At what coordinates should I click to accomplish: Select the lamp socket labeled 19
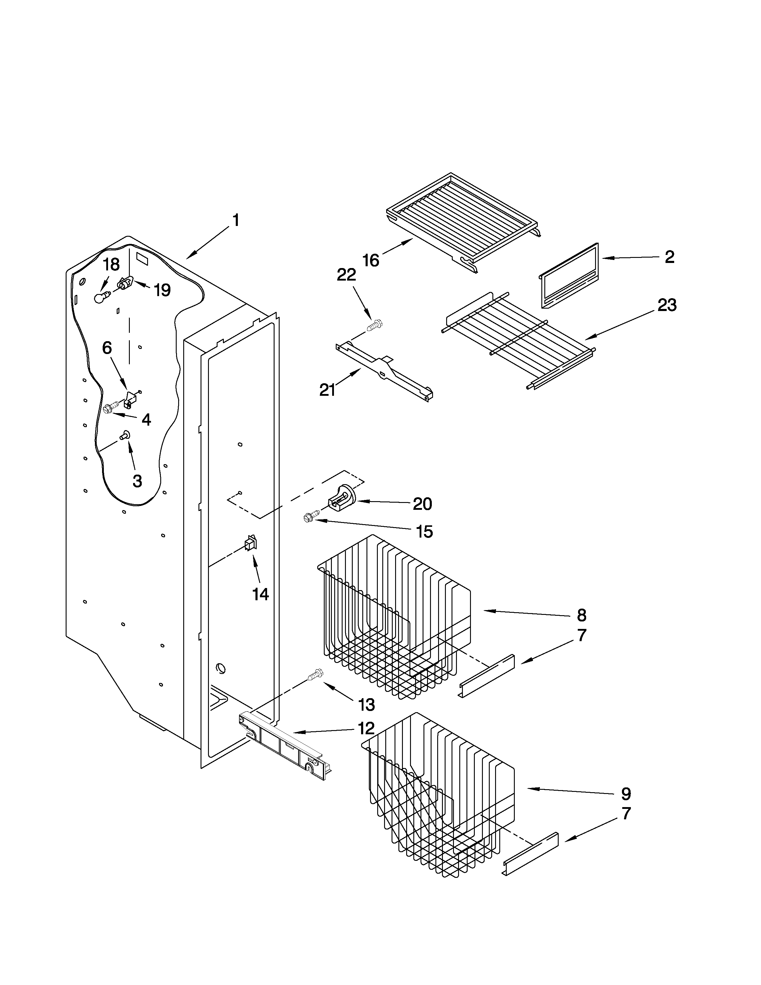coord(124,283)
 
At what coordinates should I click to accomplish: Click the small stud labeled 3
coord(125,435)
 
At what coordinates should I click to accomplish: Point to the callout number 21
coord(327,390)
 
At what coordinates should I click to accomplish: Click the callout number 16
coord(371,260)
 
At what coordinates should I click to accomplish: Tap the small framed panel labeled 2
coord(569,275)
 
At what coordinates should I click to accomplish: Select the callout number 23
coord(667,305)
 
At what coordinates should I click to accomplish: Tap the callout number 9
coord(626,793)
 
